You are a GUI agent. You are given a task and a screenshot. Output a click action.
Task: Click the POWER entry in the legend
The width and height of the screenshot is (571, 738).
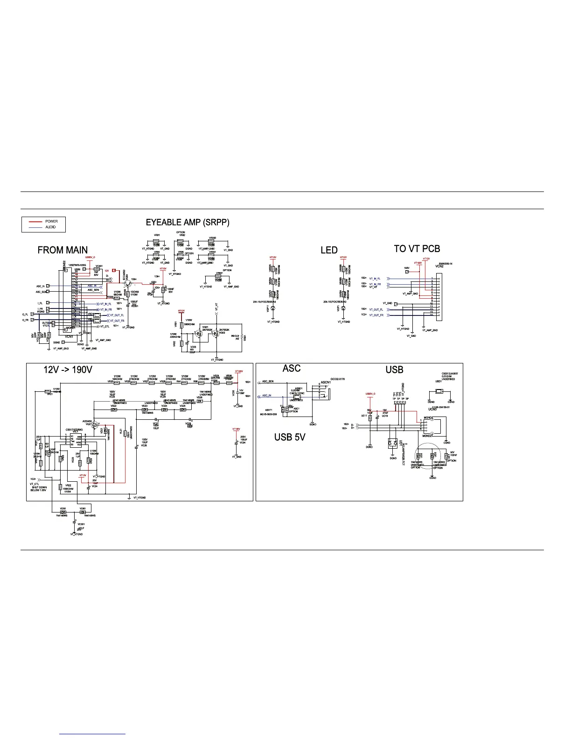tap(51, 221)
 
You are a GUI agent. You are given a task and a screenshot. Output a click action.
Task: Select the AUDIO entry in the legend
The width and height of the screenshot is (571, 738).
tap(50, 227)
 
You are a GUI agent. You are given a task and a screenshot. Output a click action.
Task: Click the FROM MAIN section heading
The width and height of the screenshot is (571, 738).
tap(63, 250)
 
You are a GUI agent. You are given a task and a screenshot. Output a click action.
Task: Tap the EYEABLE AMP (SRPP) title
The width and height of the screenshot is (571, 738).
tap(188, 223)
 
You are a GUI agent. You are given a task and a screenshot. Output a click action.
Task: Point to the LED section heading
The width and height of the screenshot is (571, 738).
tap(329, 250)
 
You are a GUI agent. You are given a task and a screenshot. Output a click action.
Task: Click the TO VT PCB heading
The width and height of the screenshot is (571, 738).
tap(417, 249)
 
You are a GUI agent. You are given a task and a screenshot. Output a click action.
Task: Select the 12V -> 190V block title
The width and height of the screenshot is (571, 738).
tap(68, 370)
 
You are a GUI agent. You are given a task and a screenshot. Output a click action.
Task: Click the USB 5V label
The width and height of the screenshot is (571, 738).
tap(290, 437)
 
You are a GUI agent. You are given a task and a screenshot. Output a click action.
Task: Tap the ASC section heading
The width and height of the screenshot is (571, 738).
tap(292, 369)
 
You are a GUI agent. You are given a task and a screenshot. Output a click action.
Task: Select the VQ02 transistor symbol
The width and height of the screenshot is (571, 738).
tap(215, 334)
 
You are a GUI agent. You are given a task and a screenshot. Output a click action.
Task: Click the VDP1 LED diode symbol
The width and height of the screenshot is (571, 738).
tap(344, 308)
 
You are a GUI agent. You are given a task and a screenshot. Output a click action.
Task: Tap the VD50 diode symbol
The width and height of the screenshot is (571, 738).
tap(63, 512)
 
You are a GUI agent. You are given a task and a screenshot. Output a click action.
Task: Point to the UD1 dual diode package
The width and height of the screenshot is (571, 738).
tap(392, 444)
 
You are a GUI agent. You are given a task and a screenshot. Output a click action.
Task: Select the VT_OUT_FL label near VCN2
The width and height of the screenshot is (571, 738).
tap(376, 309)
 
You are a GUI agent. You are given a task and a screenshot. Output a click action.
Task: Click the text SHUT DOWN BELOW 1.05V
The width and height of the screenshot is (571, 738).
tap(38, 487)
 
